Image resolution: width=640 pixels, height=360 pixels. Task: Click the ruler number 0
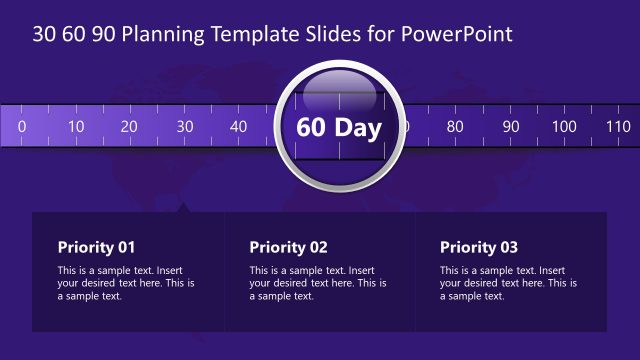21,126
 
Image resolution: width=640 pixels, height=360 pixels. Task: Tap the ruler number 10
75,126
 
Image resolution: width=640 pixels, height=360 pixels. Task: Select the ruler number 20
129,126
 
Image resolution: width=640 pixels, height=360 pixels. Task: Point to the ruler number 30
184,126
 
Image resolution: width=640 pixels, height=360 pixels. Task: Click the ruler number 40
238,126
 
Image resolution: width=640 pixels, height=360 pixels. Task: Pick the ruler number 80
455,126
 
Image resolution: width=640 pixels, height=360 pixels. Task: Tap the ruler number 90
510,126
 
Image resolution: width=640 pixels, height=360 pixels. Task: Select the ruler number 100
564,126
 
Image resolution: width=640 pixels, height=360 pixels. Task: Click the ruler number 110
618,126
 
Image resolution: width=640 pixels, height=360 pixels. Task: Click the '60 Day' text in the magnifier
338,130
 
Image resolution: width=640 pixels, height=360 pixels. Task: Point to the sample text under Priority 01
126,283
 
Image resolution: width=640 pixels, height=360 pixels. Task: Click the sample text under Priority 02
318,283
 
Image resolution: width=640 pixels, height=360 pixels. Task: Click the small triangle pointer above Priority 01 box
183,208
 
